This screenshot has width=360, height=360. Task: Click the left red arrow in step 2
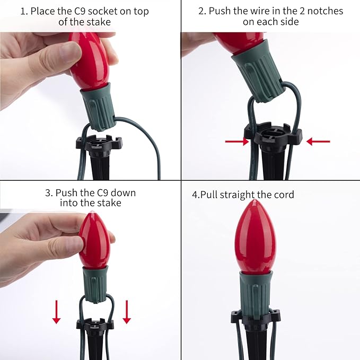click(x=237, y=142)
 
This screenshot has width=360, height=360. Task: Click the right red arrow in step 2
click(x=318, y=142)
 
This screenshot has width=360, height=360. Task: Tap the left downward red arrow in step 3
click(x=57, y=312)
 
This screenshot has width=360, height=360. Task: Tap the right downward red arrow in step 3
click(x=127, y=312)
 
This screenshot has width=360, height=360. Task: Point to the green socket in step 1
click(x=98, y=106)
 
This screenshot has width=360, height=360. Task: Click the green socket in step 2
click(x=257, y=70)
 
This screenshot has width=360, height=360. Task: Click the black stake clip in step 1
click(x=99, y=145)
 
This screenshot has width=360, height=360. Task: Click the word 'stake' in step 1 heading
click(x=99, y=22)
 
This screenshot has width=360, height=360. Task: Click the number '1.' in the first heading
click(x=24, y=11)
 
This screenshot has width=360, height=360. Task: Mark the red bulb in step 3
click(x=94, y=240)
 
